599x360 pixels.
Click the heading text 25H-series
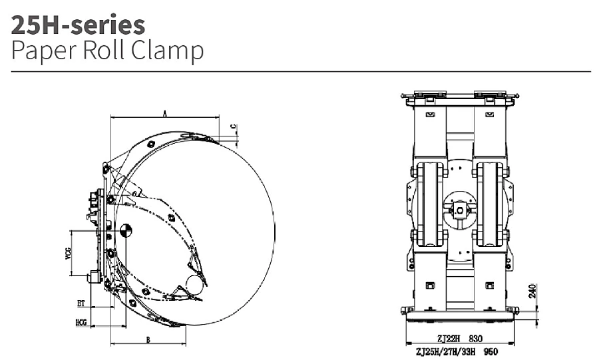click(x=78, y=25)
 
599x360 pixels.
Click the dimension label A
click(x=165, y=113)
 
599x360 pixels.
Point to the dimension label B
click(x=148, y=339)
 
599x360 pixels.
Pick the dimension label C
click(x=234, y=126)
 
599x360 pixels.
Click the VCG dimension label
click(x=69, y=254)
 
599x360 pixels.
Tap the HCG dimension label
click(x=81, y=323)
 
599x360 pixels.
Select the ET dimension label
click(x=81, y=303)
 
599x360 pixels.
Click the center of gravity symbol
click(x=126, y=231)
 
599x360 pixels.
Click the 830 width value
click(x=475, y=338)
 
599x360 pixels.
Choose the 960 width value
click(x=491, y=351)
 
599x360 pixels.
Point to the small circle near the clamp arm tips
click(x=195, y=284)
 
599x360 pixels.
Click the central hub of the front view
click(x=460, y=210)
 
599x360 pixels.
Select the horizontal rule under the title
click(x=301, y=71)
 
